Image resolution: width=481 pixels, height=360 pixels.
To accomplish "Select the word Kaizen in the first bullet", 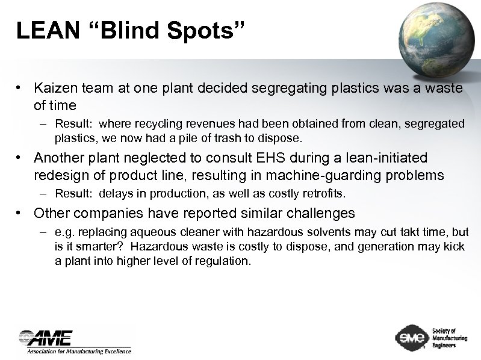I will (x=55, y=89).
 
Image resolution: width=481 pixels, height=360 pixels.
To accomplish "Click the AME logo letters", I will (x=48, y=338).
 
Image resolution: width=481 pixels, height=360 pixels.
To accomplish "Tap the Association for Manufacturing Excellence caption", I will (x=78, y=350).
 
